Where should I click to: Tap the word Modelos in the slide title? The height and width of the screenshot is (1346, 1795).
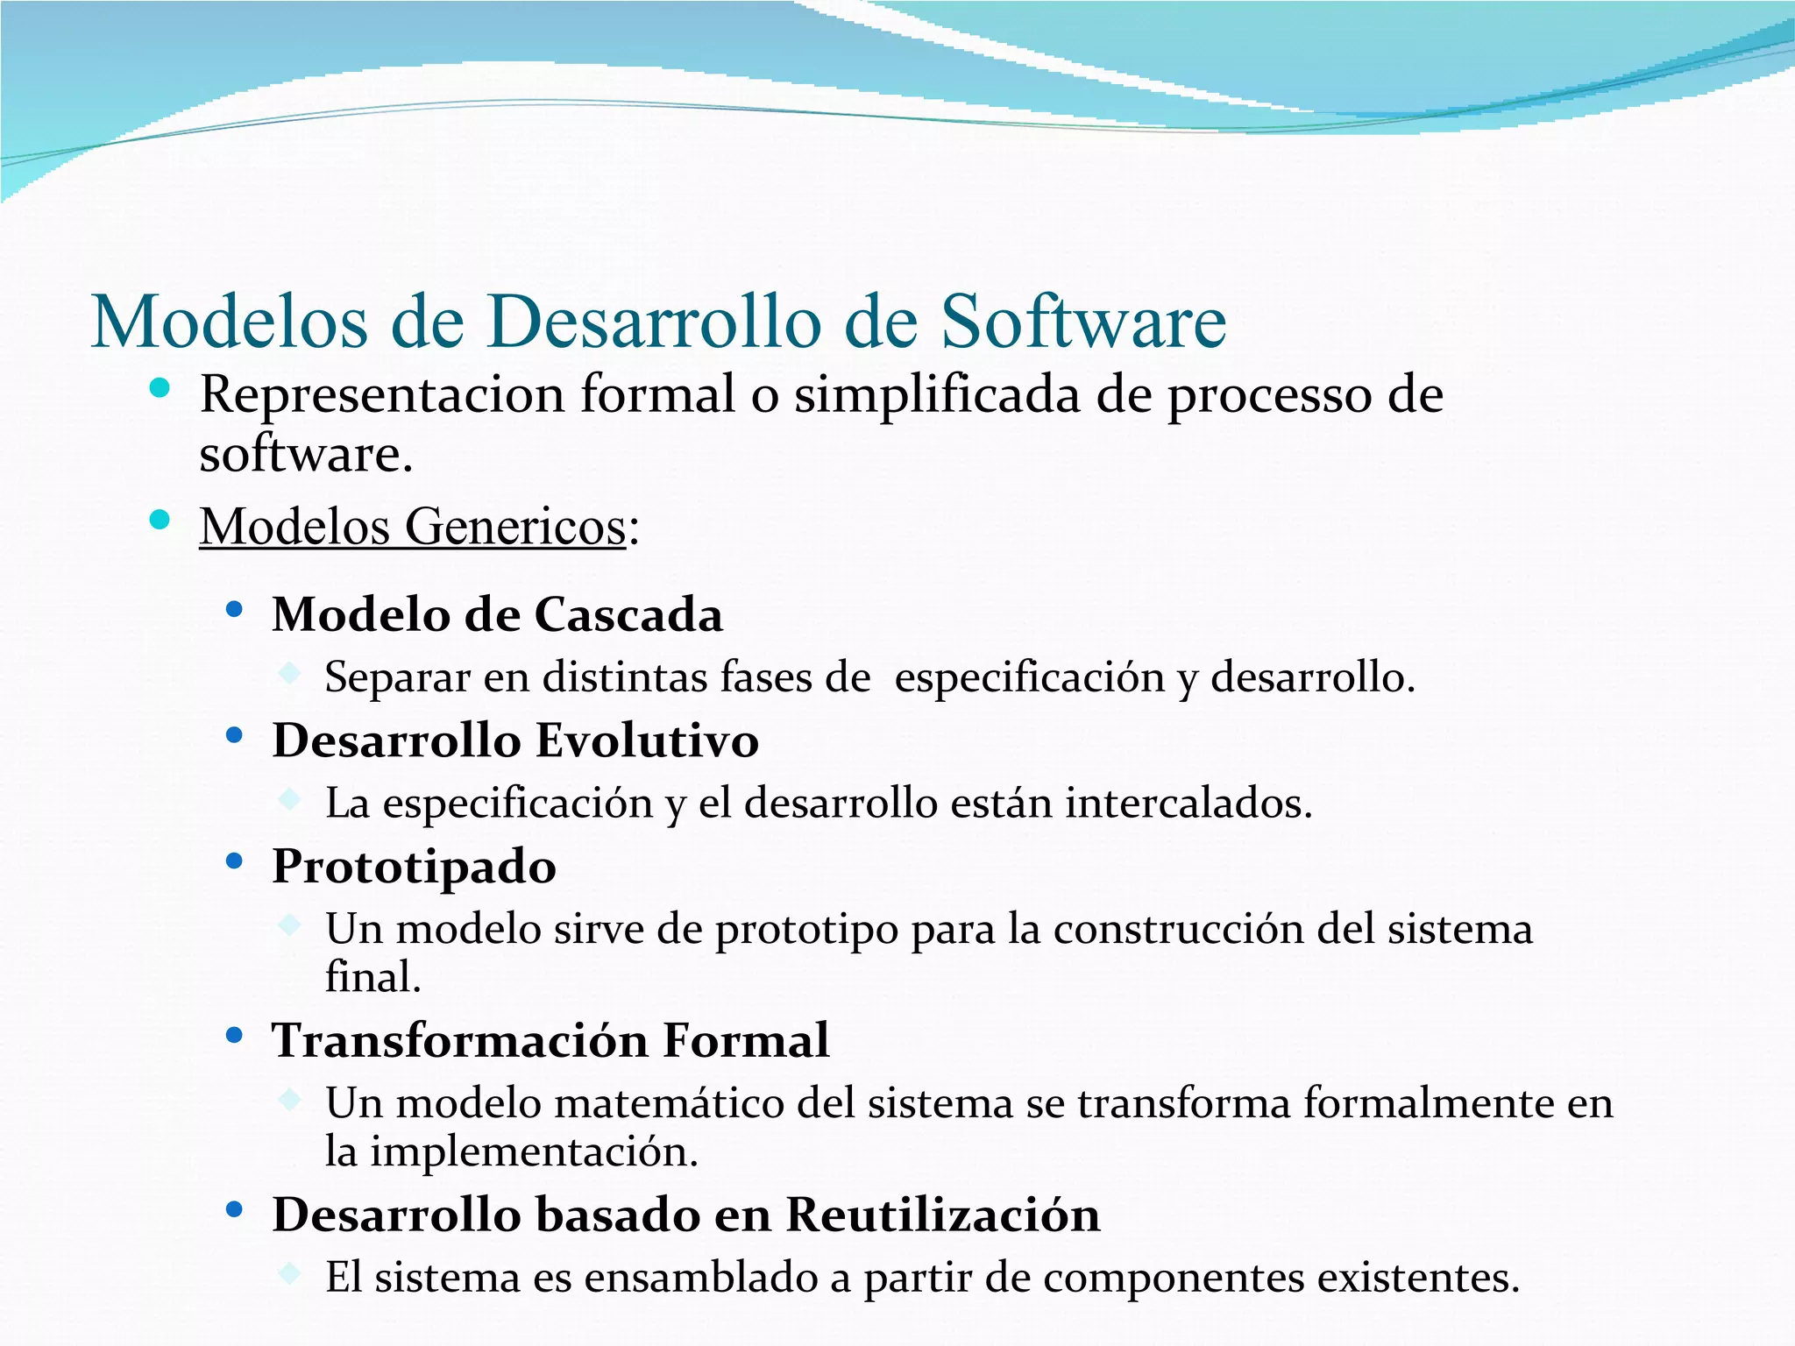click(230, 322)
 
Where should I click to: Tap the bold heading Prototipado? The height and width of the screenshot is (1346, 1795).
click(414, 868)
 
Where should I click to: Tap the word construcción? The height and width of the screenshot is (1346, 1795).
click(1179, 930)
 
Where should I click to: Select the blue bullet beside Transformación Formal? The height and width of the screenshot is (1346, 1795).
click(234, 1036)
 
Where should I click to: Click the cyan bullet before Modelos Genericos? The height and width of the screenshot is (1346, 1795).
click(160, 521)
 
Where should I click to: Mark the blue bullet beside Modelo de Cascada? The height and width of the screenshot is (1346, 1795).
click(234, 609)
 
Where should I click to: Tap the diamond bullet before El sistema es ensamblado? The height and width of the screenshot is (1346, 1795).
click(289, 1272)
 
